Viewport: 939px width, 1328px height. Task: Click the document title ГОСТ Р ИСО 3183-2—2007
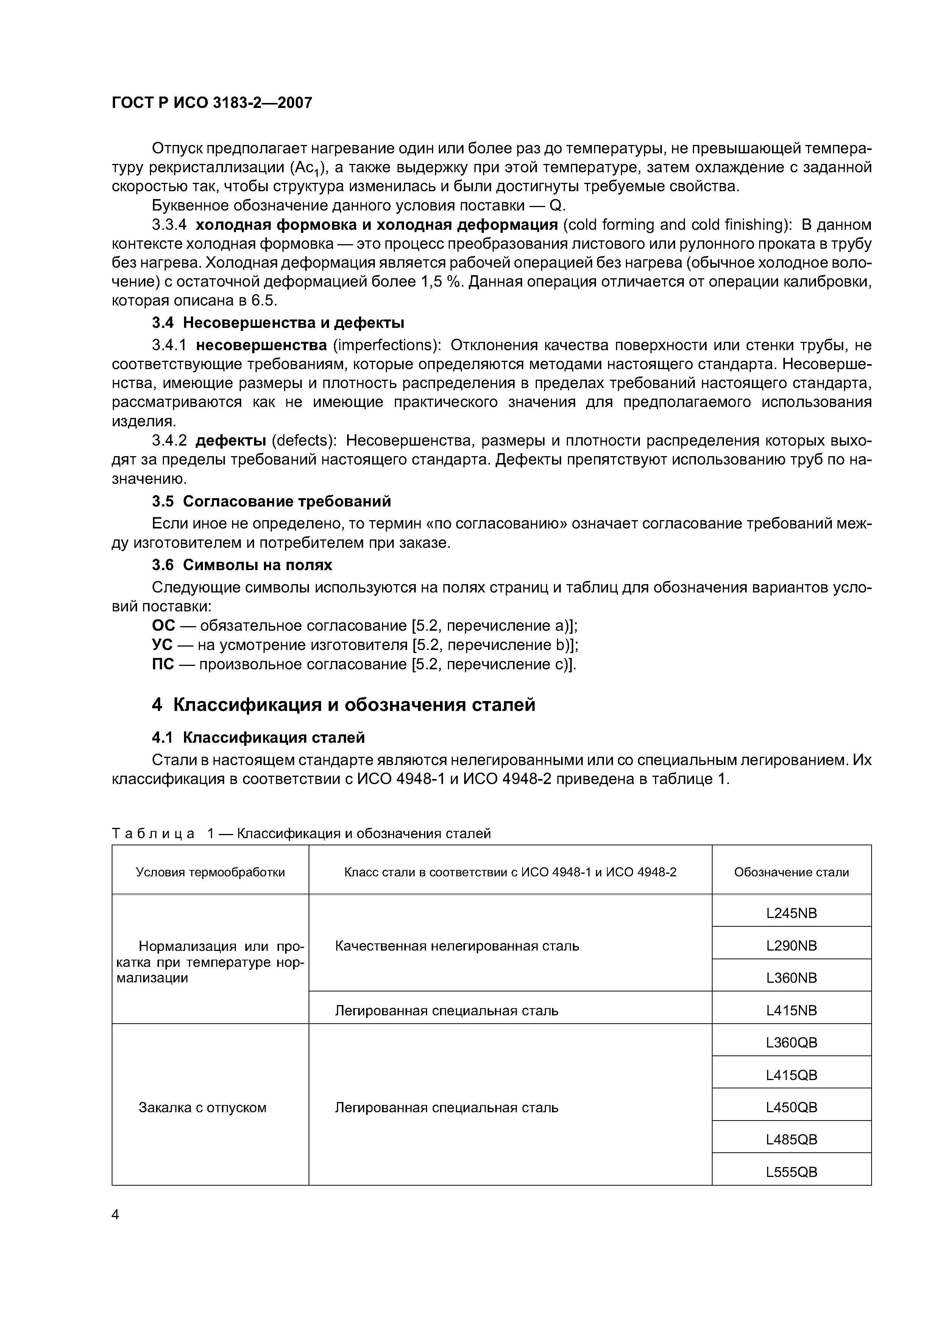tap(212, 103)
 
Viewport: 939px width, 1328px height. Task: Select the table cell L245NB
tap(791, 913)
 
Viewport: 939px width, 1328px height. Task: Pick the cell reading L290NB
tap(791, 946)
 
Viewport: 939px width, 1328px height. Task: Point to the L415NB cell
tap(791, 1010)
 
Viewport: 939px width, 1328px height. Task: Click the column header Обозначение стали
tap(791, 872)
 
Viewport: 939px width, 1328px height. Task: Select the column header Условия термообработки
tap(210, 872)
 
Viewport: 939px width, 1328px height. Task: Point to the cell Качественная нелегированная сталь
tap(457, 946)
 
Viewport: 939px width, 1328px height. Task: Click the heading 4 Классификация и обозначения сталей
tap(344, 705)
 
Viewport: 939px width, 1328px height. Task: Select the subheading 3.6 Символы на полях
tap(242, 564)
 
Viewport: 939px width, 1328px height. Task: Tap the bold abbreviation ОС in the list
tap(163, 626)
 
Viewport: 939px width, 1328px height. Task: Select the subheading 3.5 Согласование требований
tap(271, 501)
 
